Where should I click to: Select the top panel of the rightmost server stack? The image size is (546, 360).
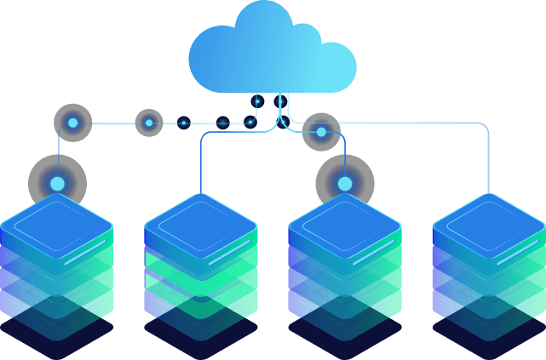488,219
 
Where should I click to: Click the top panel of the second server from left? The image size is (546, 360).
200,219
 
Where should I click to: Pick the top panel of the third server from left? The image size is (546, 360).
344,219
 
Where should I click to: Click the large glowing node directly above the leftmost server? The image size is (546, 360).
57,183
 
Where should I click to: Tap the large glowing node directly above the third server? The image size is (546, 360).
344,183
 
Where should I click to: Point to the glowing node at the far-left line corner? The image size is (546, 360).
72,123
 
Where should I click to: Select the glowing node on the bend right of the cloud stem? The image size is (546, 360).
321,132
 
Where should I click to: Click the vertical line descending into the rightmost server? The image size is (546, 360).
488,162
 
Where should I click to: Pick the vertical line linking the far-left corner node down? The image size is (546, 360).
58,149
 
